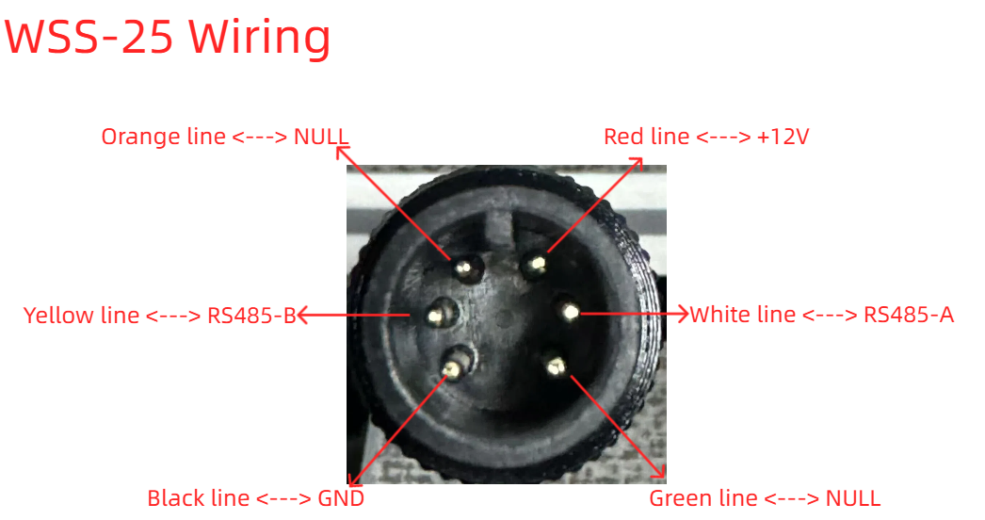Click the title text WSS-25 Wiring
167,38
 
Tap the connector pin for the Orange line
465,269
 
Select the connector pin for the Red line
536,265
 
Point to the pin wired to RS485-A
569,311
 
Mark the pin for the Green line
556,366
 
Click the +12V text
783,137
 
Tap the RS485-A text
909,315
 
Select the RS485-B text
251,315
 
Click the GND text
341,498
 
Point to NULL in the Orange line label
321,137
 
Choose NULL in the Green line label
852,498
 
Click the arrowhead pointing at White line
682,313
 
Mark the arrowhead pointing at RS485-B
303,315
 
